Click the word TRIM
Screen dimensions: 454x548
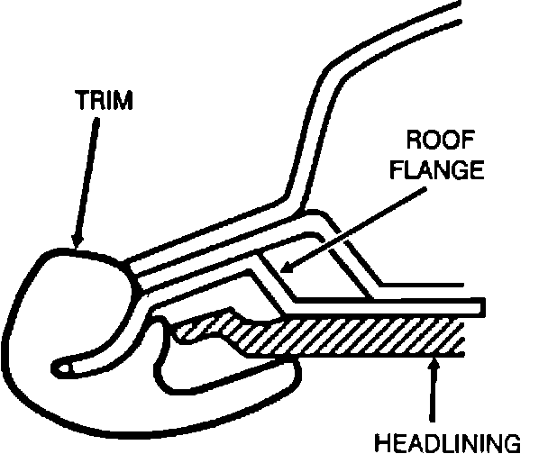pos(103,101)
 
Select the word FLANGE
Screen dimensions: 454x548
pos(441,171)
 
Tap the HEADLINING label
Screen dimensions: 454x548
pos(461,441)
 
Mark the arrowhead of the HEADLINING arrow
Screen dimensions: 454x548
pos(436,361)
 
